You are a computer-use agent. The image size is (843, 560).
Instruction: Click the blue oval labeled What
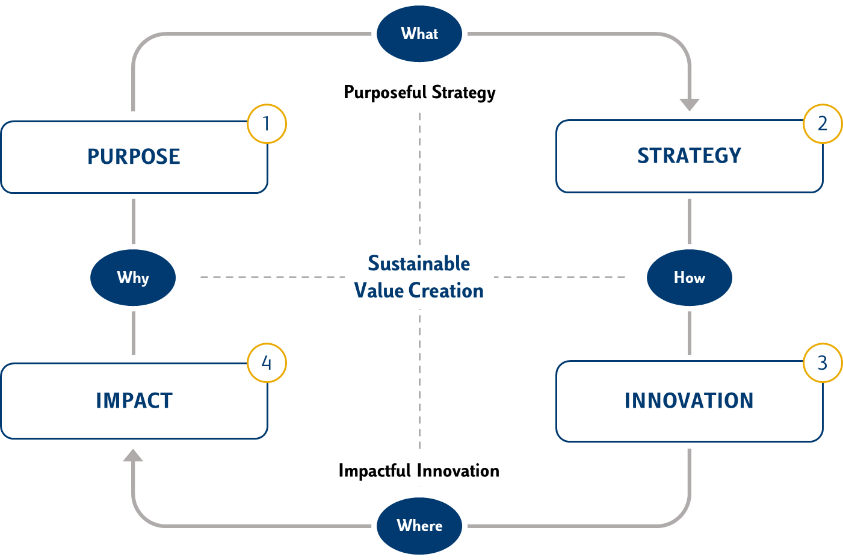pos(419,34)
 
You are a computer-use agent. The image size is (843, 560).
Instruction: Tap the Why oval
pos(133,278)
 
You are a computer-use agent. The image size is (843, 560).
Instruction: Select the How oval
pos(690,278)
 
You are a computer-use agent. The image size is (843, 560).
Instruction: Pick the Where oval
pos(419,526)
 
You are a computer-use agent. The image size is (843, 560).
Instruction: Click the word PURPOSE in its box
pos(134,157)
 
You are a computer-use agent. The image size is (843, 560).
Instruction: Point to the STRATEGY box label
pos(689,155)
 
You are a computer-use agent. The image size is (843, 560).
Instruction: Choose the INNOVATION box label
pos(689,400)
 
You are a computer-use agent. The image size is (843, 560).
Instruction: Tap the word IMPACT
pos(134,400)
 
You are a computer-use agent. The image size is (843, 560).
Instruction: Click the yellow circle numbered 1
pos(267,123)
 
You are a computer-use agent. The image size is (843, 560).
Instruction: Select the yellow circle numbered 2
pos(823,123)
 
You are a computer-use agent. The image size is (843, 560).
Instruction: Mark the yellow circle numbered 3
pos(823,362)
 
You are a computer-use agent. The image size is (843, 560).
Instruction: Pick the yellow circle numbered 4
pos(267,362)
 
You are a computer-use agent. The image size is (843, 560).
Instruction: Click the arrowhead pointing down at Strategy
pos(690,105)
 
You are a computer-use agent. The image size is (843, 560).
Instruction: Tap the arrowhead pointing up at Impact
pos(133,455)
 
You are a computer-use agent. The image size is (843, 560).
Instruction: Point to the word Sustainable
pos(419,263)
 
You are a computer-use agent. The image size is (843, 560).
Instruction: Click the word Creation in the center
pos(446,290)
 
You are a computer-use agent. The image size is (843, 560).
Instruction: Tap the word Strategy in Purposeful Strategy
pos(464,93)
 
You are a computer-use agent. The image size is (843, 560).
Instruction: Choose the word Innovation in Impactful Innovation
pos(458,471)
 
